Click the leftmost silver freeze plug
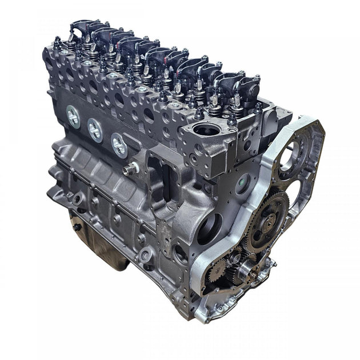73,117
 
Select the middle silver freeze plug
95,130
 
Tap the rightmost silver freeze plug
119,145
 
